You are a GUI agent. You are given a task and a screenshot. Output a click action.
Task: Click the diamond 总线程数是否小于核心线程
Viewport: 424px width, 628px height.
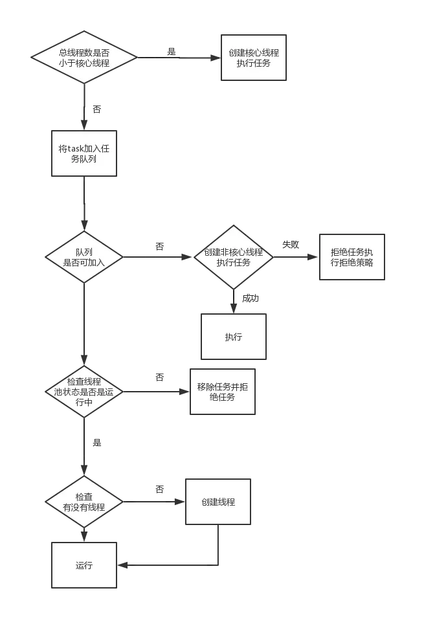84,58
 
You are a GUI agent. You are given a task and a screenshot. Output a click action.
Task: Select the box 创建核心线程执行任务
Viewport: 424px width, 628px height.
254,58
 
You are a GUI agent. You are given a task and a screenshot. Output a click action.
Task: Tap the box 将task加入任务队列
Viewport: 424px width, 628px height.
84,153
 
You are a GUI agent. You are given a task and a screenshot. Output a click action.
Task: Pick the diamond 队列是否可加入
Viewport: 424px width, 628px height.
84,257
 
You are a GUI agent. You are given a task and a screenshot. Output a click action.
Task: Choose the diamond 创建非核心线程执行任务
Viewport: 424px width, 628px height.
234,257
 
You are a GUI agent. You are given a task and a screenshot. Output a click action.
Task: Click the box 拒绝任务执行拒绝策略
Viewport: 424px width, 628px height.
352,257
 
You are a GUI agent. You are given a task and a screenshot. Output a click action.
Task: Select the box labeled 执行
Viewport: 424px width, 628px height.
234,337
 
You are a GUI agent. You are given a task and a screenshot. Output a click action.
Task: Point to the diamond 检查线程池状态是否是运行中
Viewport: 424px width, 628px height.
84,392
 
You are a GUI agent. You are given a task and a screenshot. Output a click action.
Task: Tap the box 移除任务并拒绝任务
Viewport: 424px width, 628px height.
223,392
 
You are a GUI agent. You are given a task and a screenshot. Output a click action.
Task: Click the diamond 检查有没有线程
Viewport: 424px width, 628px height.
84,502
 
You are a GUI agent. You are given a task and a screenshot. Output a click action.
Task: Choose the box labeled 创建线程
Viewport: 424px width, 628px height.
218,502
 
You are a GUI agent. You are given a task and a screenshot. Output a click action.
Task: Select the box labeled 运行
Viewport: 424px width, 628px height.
84,565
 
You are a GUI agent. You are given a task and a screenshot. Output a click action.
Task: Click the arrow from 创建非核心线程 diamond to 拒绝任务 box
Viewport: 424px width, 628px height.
295,257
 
